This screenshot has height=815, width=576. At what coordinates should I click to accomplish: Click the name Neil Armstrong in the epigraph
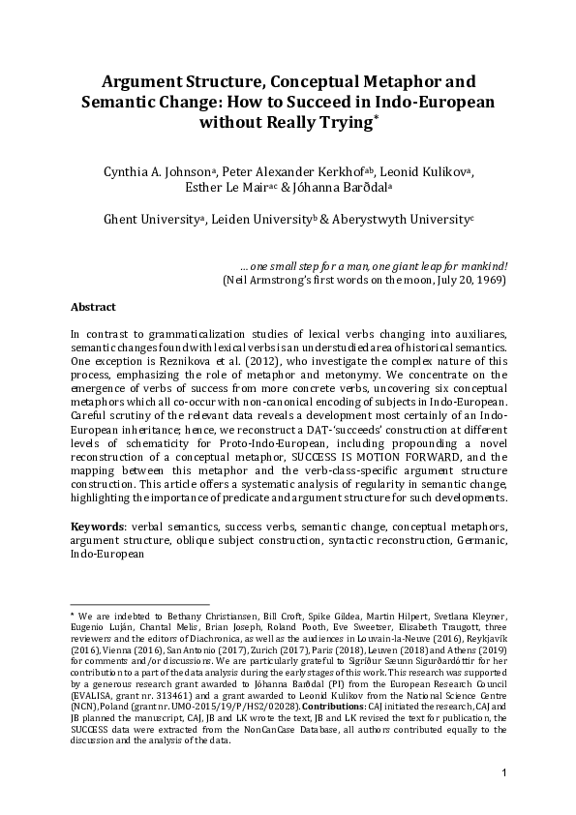pyautogui.click(x=263, y=280)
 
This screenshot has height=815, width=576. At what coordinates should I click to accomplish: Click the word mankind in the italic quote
pyautogui.click(x=480, y=265)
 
